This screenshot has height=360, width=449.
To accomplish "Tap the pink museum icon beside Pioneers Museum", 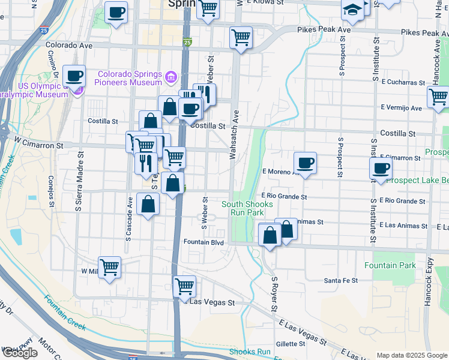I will tap(171, 77).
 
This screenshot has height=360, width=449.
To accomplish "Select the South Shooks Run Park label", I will tap(247, 208).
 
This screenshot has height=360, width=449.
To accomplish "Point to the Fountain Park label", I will tap(390, 265).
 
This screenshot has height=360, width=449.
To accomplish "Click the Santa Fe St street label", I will tap(341, 280).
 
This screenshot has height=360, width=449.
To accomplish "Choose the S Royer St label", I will tap(275, 294).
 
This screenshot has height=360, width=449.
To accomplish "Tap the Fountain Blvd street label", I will tap(203, 242).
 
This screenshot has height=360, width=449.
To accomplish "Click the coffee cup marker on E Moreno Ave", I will tap(305, 162).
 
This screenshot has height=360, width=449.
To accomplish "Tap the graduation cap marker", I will tap(352, 9).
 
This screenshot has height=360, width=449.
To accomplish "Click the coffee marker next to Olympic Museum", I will tap(74, 76).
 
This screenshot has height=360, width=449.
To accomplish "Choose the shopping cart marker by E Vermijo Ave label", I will tap(438, 96).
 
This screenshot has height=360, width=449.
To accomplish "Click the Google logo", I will tap(20, 353).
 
